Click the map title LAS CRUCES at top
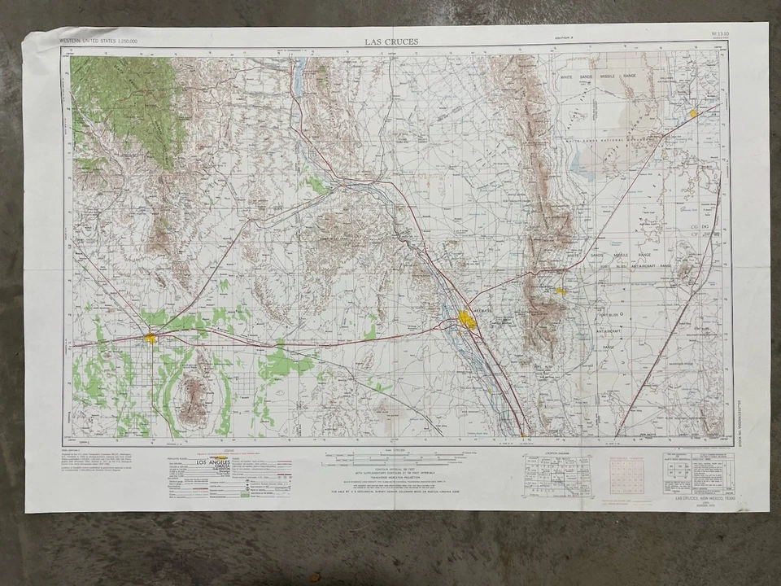point(392,41)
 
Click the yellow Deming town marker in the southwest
point(151,338)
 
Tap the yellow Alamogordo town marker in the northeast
point(693,113)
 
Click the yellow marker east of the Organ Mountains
point(560,290)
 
